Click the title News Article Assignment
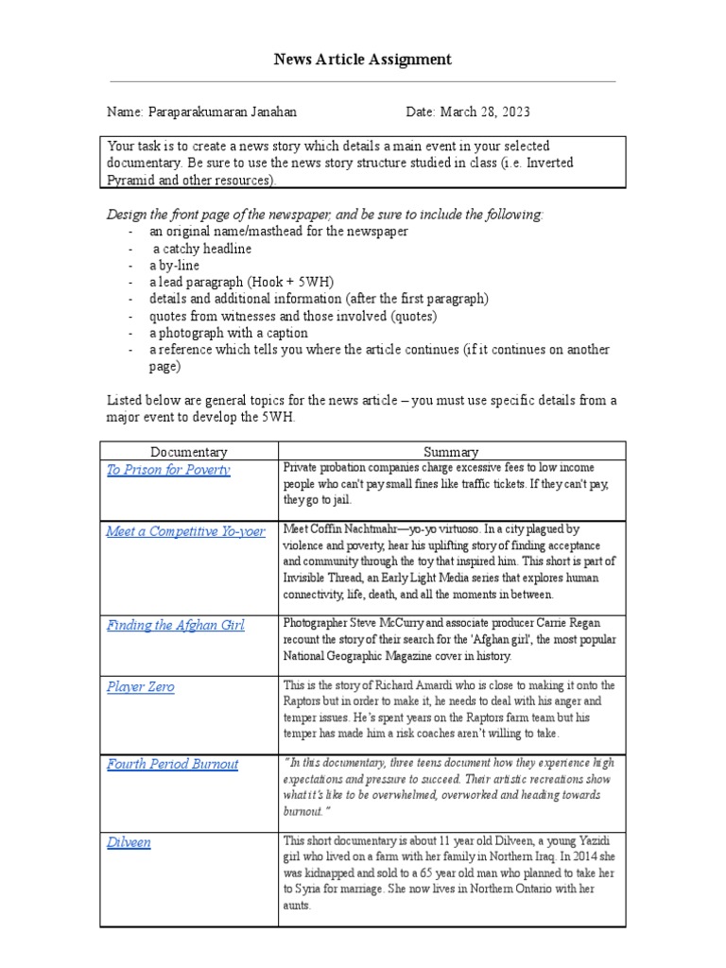pos(362,60)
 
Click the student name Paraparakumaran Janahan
pos(222,112)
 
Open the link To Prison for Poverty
pos(168,470)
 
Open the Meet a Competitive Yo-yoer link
pos(185,531)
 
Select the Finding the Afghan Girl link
pos(175,626)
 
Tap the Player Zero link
pos(140,687)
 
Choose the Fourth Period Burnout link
pos(172,764)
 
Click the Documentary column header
pos(189,452)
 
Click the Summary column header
pos(452,452)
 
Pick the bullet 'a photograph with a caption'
pos(228,333)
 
